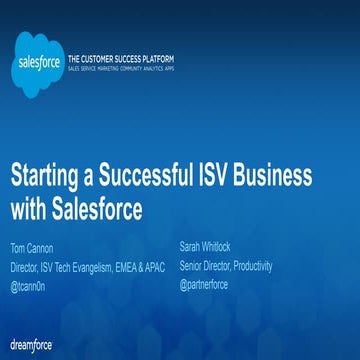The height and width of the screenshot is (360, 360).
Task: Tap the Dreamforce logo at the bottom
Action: point(30,345)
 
